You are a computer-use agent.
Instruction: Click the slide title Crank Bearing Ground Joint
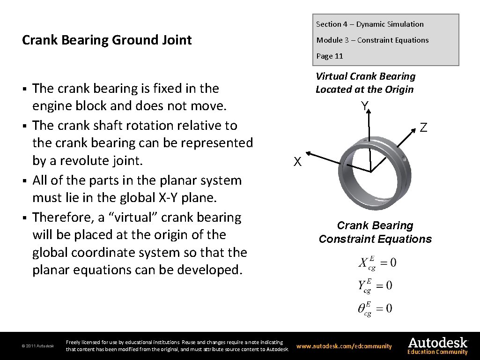click(x=107, y=40)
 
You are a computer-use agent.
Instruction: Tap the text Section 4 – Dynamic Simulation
click(x=369, y=24)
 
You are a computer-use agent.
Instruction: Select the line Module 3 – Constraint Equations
click(x=372, y=40)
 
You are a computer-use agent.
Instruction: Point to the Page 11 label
click(x=330, y=56)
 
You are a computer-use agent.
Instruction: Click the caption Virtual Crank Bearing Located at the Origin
click(x=365, y=83)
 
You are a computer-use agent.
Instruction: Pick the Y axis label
click(x=364, y=106)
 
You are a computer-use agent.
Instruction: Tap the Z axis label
click(x=423, y=127)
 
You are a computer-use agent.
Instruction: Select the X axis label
click(x=297, y=162)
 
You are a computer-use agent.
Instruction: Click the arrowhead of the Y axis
click(x=369, y=110)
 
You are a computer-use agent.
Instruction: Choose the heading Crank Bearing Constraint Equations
click(x=375, y=232)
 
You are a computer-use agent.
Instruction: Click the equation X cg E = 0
click(x=377, y=263)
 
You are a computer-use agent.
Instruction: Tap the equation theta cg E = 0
click(x=375, y=309)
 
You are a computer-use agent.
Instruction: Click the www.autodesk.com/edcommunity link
click(x=344, y=346)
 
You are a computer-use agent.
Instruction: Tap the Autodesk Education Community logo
click(x=437, y=346)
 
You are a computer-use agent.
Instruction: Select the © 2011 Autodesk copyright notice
click(x=38, y=346)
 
